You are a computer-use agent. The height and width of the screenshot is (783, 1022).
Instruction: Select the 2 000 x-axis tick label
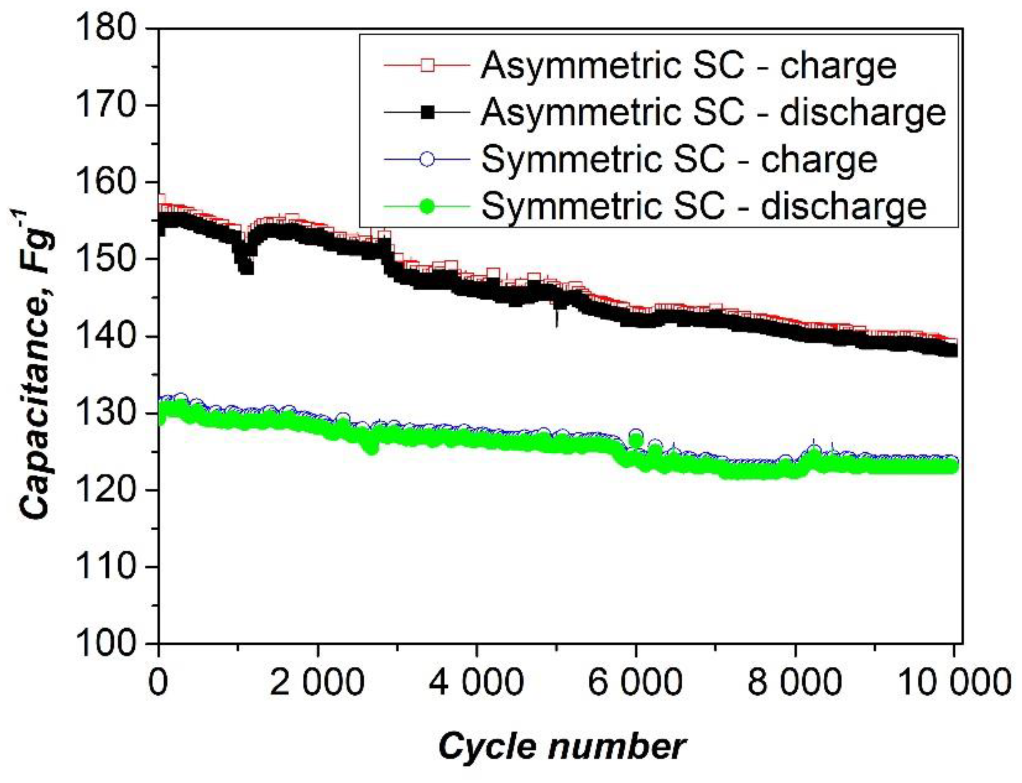[x=317, y=682]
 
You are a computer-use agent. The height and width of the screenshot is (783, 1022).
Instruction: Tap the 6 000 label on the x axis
[x=635, y=682]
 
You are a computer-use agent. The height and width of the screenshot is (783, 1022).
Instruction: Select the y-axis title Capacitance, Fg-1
[x=37, y=363]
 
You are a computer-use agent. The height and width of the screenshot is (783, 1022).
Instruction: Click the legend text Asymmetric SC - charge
[x=689, y=66]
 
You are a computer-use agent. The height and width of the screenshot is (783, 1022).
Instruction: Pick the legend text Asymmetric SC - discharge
[x=713, y=113]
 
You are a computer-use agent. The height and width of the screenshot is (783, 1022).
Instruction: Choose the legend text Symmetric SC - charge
[x=679, y=159]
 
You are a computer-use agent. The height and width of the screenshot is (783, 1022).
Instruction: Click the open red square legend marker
[x=426, y=66]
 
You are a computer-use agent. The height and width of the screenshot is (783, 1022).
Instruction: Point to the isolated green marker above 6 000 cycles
[x=636, y=439]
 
